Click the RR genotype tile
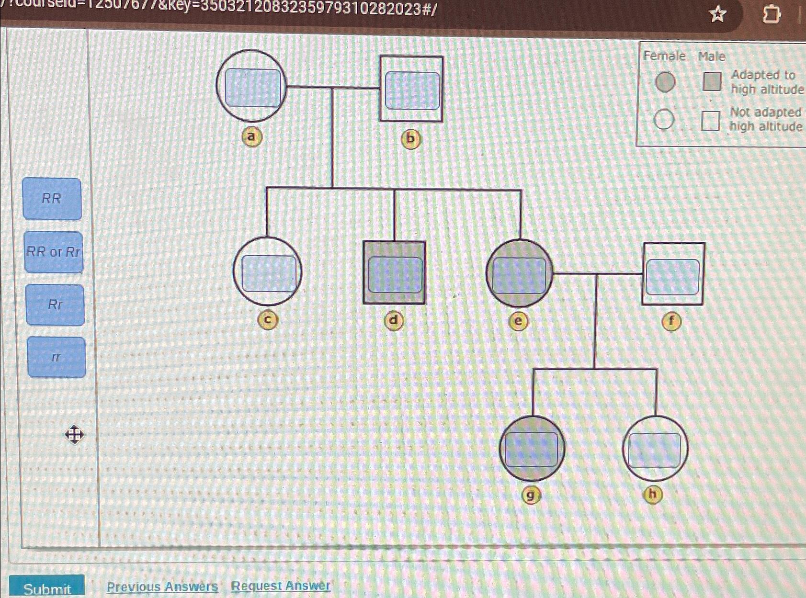[x=52, y=199]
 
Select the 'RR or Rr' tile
[x=53, y=252]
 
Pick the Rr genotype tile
[x=55, y=305]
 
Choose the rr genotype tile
[x=57, y=357]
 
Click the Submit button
[x=47, y=588]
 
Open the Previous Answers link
[x=162, y=587]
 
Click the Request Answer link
[x=281, y=586]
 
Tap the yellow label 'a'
[x=251, y=137]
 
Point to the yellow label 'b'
[x=410, y=139]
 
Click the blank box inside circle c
[x=269, y=273]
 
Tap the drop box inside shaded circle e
[x=519, y=275]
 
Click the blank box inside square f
[x=672, y=277]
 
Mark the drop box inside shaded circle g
[x=532, y=450]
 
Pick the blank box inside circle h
[x=654, y=450]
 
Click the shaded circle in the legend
[x=665, y=82]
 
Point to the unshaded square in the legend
[x=710, y=121]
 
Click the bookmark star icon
[x=717, y=14]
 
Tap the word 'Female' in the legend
[x=664, y=56]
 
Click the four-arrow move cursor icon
[x=74, y=435]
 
